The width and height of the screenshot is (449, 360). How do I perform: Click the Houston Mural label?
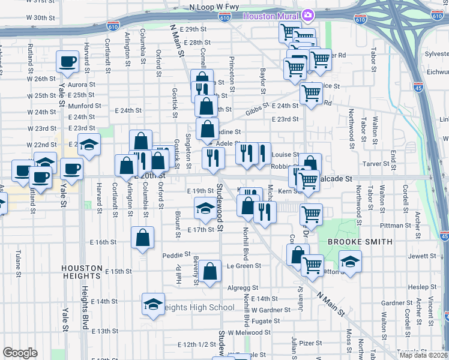tap(271, 14)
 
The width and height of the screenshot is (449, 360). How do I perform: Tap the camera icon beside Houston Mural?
tap(308, 14)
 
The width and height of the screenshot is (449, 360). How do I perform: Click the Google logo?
tap(20, 353)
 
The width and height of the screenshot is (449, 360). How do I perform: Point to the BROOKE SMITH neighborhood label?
tap(359, 242)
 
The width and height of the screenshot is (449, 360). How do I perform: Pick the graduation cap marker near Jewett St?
tap(351, 262)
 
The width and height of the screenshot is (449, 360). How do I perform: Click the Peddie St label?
tap(176, 255)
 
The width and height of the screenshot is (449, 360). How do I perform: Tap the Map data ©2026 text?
tap(423, 355)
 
